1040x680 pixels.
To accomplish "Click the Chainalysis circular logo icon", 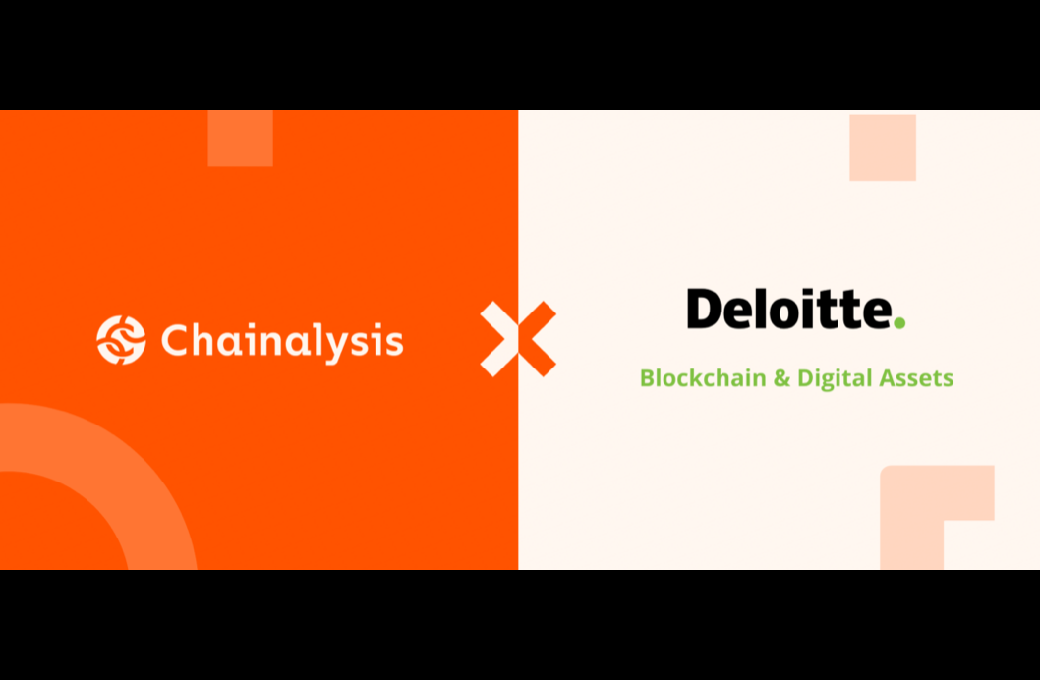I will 121,340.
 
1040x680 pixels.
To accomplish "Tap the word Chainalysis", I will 282,341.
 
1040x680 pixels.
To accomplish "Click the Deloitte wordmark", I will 789,309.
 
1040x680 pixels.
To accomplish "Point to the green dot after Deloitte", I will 898,322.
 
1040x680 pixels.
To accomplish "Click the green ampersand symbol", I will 781,377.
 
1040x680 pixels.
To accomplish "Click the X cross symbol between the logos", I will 518,339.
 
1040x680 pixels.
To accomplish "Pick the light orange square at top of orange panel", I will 240,139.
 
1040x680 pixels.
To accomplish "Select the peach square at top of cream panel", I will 882,147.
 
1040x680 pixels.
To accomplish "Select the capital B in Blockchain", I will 647,377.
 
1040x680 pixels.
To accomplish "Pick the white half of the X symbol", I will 499,339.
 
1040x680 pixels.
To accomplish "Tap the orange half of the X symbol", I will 539,339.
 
